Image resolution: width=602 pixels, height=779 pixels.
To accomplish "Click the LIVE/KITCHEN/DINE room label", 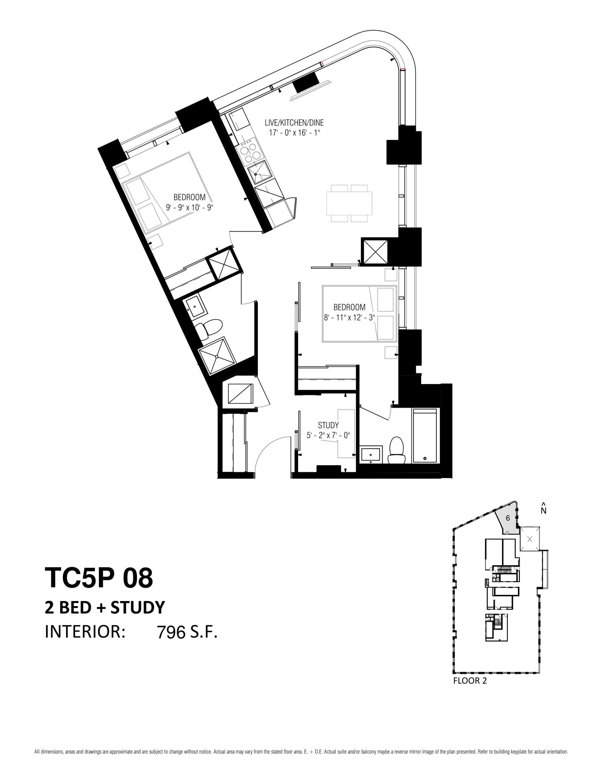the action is pos(294,123).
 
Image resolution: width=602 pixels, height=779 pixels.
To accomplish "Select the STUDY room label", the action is pos(328,425).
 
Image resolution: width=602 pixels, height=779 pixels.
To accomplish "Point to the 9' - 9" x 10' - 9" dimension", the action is pos(190,207).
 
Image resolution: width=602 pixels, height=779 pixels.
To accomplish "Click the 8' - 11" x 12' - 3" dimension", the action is pos(349,317).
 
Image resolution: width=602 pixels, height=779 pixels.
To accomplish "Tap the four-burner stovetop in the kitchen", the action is pos(249,152).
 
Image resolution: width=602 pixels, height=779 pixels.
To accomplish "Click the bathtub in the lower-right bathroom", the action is pos(425,436).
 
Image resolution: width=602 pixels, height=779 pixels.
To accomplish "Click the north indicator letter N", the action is pos(544,511).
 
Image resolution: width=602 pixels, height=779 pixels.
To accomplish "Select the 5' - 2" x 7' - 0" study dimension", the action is pos(328,435).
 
